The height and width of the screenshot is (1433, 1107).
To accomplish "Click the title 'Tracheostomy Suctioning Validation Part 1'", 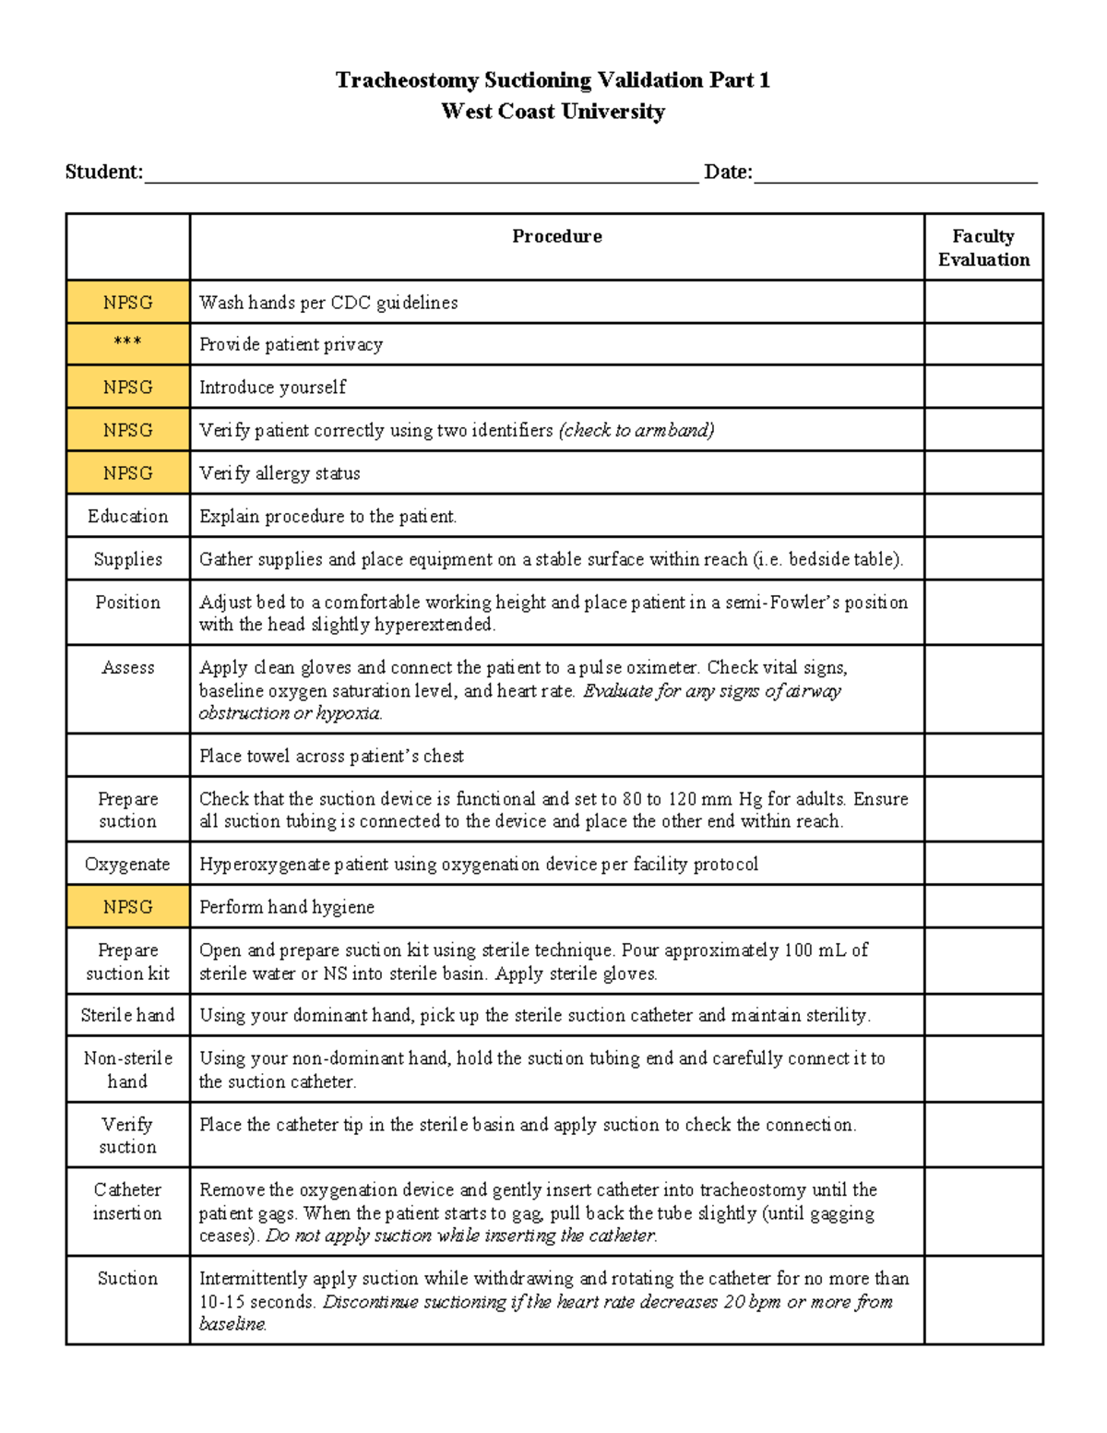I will click(x=553, y=80).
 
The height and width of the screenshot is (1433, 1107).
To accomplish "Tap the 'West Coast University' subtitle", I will click(x=553, y=112).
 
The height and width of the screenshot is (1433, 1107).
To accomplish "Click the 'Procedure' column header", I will click(x=556, y=236).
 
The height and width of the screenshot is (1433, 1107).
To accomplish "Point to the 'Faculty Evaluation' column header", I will click(x=983, y=247).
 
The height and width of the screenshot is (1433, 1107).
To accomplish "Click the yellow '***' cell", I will click(x=127, y=343).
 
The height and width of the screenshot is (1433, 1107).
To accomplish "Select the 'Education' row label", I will click(x=127, y=516).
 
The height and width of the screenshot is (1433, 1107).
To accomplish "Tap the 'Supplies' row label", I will click(x=127, y=559).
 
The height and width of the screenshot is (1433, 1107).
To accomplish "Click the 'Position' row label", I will click(x=127, y=603).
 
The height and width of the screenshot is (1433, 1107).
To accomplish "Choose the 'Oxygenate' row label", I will click(x=127, y=864).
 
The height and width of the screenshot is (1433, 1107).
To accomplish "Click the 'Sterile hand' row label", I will click(x=127, y=1015).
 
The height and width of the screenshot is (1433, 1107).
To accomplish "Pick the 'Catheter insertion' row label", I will click(x=127, y=1201).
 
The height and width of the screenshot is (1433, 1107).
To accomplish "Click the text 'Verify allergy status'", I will click(x=280, y=473).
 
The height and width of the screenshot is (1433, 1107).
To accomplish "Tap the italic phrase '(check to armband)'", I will click(x=636, y=430).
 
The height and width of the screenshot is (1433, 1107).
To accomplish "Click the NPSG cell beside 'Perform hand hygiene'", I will click(x=127, y=907).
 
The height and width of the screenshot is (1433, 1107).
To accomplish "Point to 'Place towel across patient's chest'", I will click(x=331, y=756).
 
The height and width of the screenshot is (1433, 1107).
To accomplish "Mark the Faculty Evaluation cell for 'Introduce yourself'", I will click(x=983, y=387).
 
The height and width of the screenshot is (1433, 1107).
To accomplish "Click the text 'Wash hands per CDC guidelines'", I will click(x=328, y=303).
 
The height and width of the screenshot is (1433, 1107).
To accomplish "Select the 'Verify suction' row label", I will click(x=127, y=1135).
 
